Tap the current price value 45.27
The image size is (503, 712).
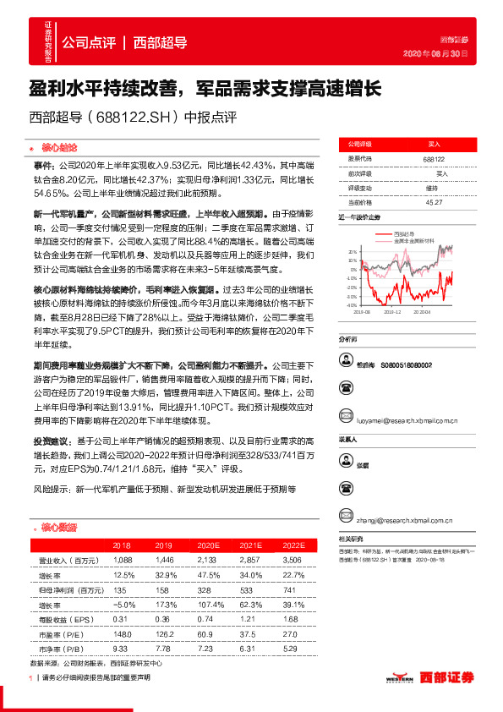coord(435,202)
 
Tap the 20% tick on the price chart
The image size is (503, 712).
coord(351,252)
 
